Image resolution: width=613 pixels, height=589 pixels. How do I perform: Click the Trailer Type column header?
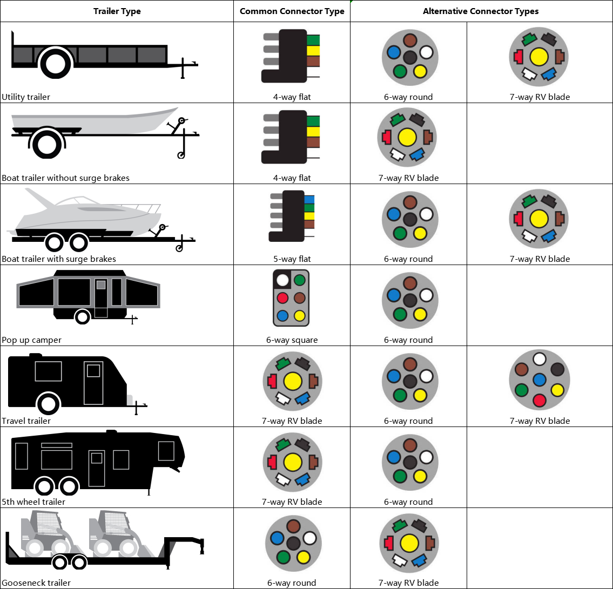click(117, 11)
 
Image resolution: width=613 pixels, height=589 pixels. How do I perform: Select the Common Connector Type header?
click(292, 11)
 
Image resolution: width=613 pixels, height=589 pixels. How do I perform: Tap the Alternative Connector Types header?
click(481, 11)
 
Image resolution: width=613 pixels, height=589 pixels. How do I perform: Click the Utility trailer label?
click(26, 97)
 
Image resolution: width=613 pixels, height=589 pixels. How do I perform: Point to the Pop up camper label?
click(32, 340)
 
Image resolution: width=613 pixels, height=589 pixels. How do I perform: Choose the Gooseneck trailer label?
click(36, 583)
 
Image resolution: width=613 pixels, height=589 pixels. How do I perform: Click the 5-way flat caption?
click(292, 259)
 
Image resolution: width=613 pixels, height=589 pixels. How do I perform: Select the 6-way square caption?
click(292, 340)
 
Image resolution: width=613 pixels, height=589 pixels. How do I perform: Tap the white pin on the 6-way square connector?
click(282, 280)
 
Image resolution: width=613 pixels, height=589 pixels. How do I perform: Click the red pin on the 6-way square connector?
click(282, 297)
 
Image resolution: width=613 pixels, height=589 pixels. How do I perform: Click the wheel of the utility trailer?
click(55, 63)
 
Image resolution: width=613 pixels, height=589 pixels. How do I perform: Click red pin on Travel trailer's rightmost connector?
click(539, 400)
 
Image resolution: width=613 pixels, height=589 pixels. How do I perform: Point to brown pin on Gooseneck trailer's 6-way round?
click(293, 526)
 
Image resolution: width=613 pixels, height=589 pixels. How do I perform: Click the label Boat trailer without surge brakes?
click(65, 178)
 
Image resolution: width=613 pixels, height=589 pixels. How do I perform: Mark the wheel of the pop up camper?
click(82, 316)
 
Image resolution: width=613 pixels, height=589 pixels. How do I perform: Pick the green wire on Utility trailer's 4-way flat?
click(313, 40)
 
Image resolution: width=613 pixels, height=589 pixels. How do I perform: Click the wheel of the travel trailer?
click(48, 403)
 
